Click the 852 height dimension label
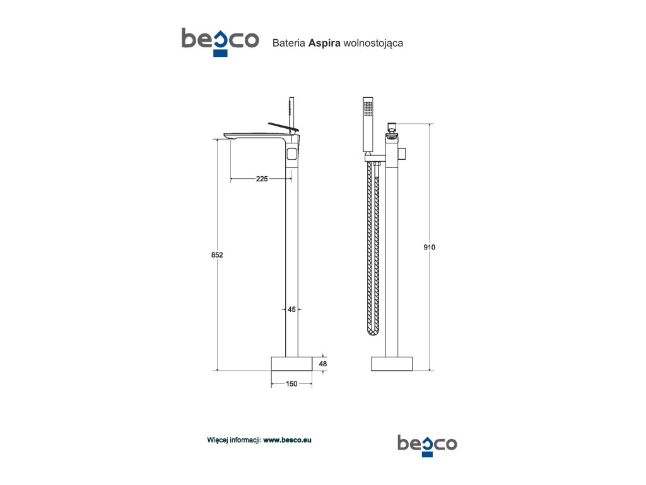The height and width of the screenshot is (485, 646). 217,255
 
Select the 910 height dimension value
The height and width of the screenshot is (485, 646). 429,247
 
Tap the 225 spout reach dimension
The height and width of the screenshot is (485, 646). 262,179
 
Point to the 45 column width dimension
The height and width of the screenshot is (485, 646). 291,309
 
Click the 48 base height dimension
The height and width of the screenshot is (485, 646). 323,364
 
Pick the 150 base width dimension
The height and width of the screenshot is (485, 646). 291,384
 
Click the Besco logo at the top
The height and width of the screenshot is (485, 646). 220,42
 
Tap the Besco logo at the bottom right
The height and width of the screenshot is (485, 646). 427,445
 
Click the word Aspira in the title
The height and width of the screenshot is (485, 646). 324,43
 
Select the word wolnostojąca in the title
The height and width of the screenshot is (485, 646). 373,44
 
